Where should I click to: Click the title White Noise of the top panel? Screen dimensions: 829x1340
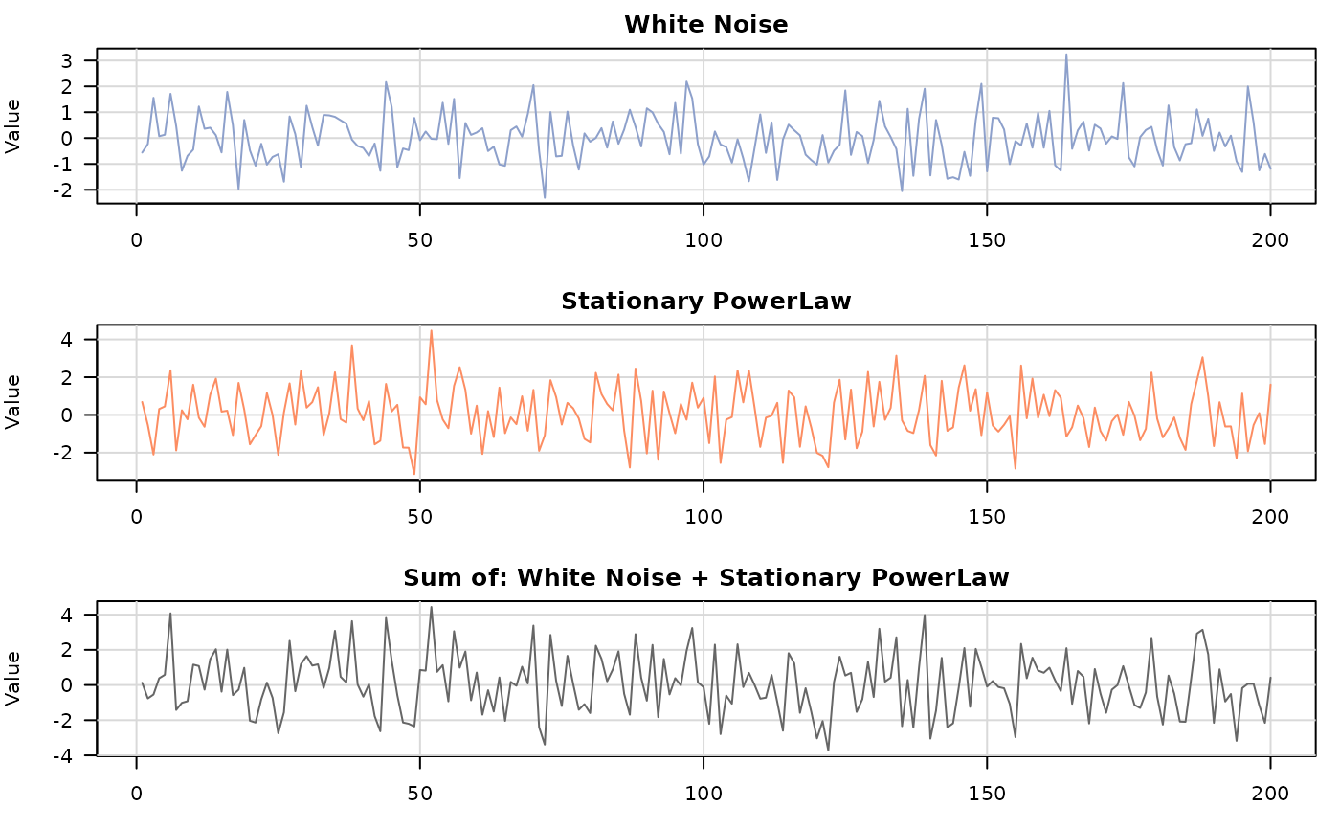(x=706, y=25)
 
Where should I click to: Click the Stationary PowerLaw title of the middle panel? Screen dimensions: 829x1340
(x=706, y=302)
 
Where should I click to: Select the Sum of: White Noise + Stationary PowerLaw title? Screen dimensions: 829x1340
(x=706, y=578)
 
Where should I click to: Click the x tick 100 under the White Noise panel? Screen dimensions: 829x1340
(x=703, y=239)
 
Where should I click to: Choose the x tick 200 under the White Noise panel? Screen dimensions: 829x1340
(x=1270, y=239)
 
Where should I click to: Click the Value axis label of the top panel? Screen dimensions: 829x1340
(x=14, y=125)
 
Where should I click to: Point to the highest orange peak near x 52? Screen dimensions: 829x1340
(x=432, y=331)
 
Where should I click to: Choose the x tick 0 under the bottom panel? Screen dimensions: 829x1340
(x=137, y=793)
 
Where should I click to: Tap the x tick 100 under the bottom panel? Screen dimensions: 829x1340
(x=703, y=793)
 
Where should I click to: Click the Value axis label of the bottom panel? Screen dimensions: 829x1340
(x=14, y=679)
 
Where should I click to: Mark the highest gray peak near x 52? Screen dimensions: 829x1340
(x=432, y=607)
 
